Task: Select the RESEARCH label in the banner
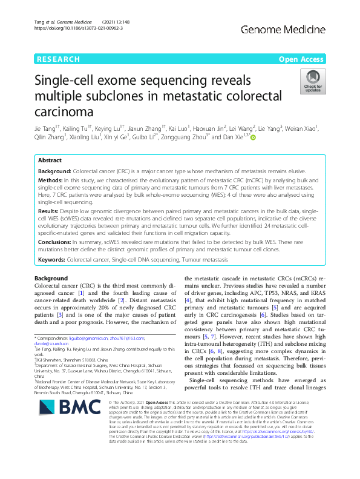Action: pyautogui.click(x=58, y=59)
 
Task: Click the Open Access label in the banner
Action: pyautogui.click(x=300, y=59)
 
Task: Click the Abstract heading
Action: pyautogui.click(x=50, y=160)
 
